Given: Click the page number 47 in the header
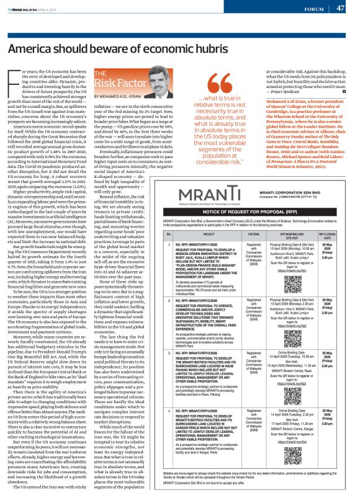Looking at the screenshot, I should (340, 8).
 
